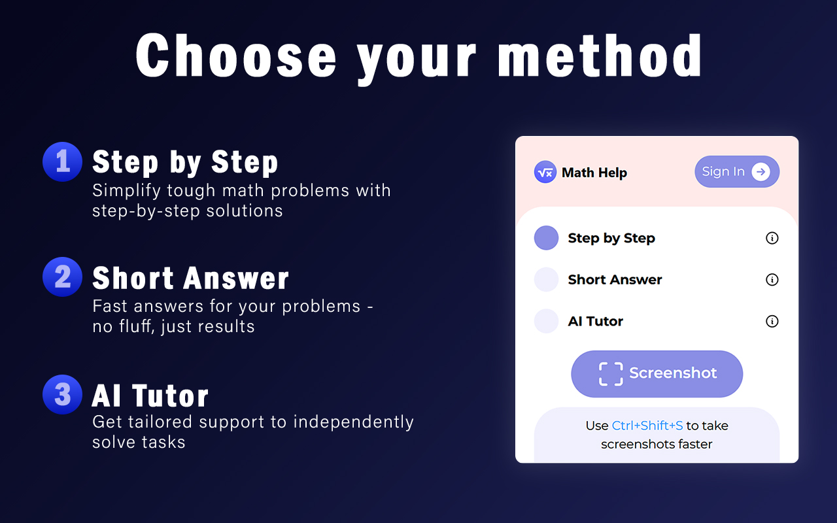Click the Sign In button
(x=736, y=172)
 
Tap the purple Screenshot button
(x=657, y=374)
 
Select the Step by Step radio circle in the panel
(x=546, y=238)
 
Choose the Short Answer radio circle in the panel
(x=546, y=280)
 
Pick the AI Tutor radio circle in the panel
(x=546, y=321)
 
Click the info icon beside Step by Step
(x=772, y=238)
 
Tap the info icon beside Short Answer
(x=772, y=280)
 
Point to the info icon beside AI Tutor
(x=772, y=321)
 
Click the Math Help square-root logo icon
(x=545, y=172)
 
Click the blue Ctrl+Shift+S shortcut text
(x=647, y=426)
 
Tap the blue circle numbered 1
(x=62, y=161)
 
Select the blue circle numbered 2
(x=62, y=277)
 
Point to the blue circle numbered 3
(x=62, y=394)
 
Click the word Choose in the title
(x=235, y=56)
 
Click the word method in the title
(x=600, y=56)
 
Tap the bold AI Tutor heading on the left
(x=150, y=396)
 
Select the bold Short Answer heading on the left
(x=190, y=278)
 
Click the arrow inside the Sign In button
(x=760, y=172)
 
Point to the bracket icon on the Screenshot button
(x=611, y=374)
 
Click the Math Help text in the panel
(x=594, y=173)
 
